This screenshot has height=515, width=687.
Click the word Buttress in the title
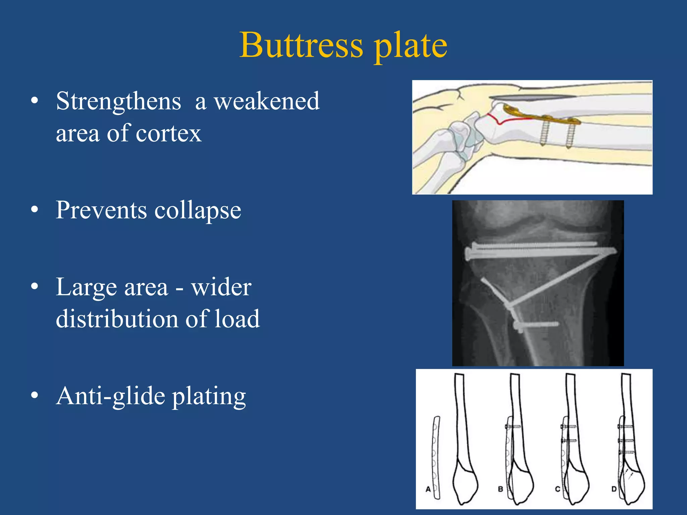[x=301, y=45]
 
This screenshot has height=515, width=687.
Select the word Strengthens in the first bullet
[x=118, y=101]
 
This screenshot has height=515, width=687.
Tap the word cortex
[x=169, y=133]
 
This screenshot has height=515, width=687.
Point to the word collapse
[x=198, y=211]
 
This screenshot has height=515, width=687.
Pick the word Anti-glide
[x=111, y=396]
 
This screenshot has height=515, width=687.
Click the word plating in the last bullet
[x=209, y=397]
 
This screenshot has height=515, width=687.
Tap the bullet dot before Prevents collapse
[x=35, y=210]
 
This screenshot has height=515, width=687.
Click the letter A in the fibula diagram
[x=428, y=489]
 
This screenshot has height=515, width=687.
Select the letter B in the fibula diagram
[x=500, y=489]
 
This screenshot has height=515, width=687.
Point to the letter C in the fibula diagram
[x=557, y=489]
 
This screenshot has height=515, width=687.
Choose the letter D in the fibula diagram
[x=614, y=489]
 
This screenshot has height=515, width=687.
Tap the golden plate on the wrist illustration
[x=543, y=118]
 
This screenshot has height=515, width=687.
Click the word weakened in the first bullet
[x=267, y=101]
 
